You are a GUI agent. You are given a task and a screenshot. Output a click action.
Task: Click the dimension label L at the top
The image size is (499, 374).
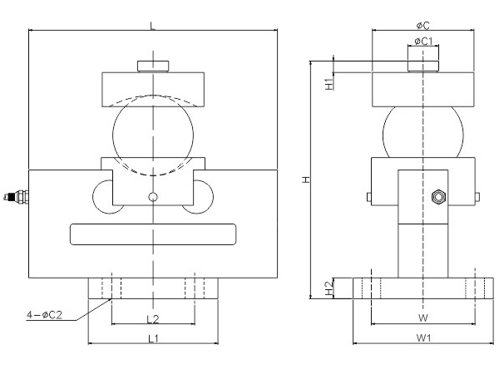(152, 25)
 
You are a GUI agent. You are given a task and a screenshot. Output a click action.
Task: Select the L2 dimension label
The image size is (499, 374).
(152, 318)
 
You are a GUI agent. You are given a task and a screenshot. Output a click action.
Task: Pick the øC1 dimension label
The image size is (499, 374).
(422, 41)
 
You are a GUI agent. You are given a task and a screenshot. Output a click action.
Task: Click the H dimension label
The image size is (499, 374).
(306, 179)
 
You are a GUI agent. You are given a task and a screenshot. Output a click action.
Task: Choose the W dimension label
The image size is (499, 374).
(422, 318)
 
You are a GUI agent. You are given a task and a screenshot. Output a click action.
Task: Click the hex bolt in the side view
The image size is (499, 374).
(437, 197)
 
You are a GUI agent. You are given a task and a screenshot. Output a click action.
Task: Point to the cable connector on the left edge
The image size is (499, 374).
(17, 197)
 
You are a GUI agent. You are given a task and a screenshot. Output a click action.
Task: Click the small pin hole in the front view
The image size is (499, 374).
(152, 197)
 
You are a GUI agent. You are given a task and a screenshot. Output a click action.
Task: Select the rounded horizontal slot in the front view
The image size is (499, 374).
(152, 234)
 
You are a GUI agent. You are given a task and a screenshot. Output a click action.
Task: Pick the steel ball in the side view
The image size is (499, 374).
(422, 133)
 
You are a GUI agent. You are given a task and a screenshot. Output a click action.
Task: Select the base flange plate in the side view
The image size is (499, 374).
(422, 288)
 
